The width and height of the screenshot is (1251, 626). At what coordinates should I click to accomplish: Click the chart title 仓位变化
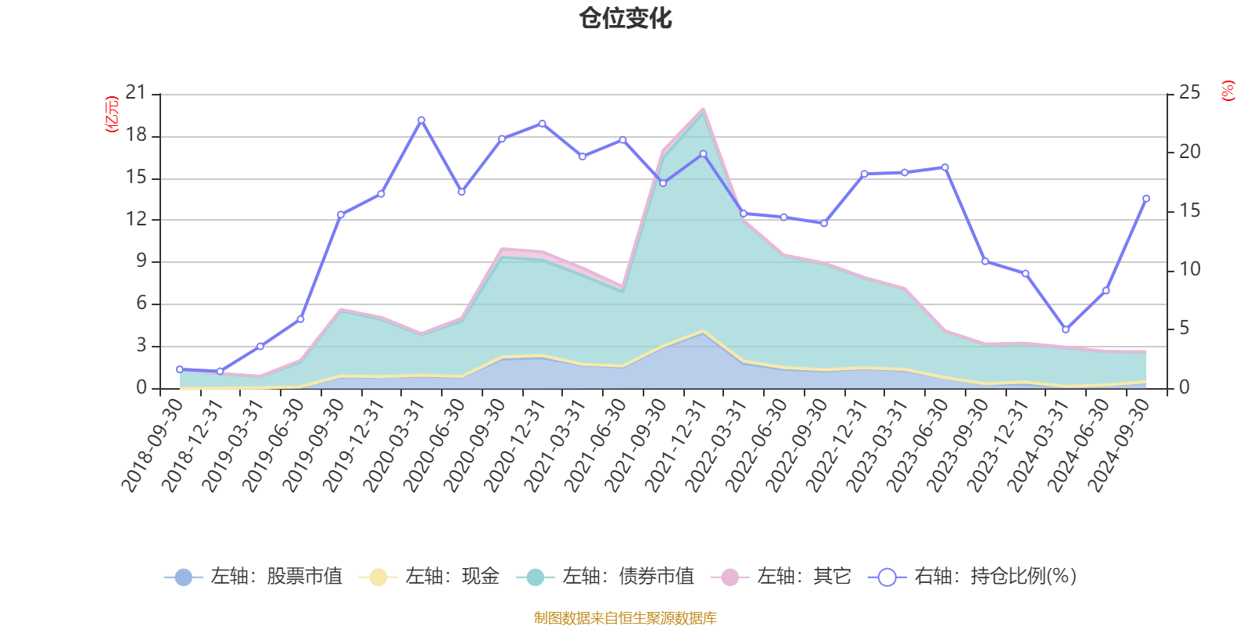(625, 19)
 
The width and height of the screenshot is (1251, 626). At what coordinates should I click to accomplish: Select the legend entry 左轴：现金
(429, 577)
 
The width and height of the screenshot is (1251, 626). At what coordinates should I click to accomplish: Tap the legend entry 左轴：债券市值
(605, 577)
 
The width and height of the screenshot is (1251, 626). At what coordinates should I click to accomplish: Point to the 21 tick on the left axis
(136, 93)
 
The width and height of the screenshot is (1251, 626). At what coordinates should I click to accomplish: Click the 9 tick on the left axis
(141, 261)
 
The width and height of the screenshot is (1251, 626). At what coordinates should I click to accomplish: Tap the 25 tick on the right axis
(1189, 93)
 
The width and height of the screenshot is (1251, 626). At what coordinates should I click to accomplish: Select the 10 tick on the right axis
(1189, 269)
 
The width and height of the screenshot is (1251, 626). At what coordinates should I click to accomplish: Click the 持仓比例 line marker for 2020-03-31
(421, 121)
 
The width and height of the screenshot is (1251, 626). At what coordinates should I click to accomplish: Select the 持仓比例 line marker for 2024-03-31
(1066, 330)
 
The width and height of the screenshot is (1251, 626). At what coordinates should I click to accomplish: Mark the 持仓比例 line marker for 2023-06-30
(945, 167)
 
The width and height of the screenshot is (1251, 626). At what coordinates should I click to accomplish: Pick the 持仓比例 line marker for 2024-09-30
(1146, 199)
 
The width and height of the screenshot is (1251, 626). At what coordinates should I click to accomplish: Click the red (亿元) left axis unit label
(112, 114)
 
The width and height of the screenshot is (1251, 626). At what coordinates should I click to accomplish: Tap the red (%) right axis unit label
(1228, 91)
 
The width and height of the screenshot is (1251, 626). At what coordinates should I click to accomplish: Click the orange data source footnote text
(625, 618)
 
